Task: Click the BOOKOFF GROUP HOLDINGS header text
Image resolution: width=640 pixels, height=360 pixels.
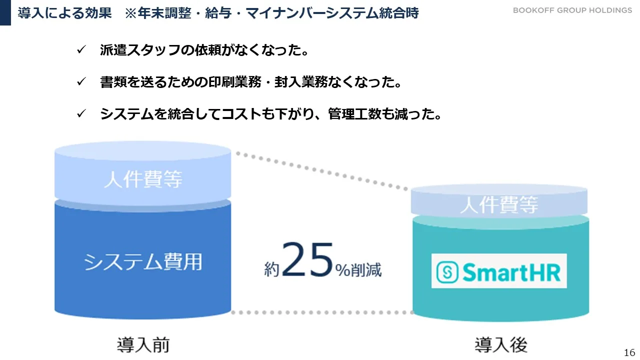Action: point(572,10)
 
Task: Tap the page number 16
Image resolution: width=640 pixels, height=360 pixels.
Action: point(629,352)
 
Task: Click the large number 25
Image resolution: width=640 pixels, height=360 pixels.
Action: point(307,260)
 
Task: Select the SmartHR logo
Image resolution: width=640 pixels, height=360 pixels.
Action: point(499,271)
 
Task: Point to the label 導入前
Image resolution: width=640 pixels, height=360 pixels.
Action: point(143,344)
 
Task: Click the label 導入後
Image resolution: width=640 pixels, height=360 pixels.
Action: point(500,344)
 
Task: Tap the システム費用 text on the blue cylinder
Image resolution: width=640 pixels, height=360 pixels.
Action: point(143,261)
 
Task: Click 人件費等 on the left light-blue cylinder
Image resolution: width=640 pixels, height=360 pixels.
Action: point(143,179)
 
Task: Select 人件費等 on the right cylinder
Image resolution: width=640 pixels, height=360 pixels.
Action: point(499,204)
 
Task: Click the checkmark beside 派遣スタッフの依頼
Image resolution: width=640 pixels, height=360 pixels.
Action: point(81,50)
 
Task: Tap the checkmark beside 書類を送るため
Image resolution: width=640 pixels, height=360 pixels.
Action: point(81,82)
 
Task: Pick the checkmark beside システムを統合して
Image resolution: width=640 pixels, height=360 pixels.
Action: point(81,114)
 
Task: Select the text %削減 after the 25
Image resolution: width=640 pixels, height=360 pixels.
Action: point(358,270)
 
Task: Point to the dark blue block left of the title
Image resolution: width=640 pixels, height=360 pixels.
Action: point(5,12)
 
